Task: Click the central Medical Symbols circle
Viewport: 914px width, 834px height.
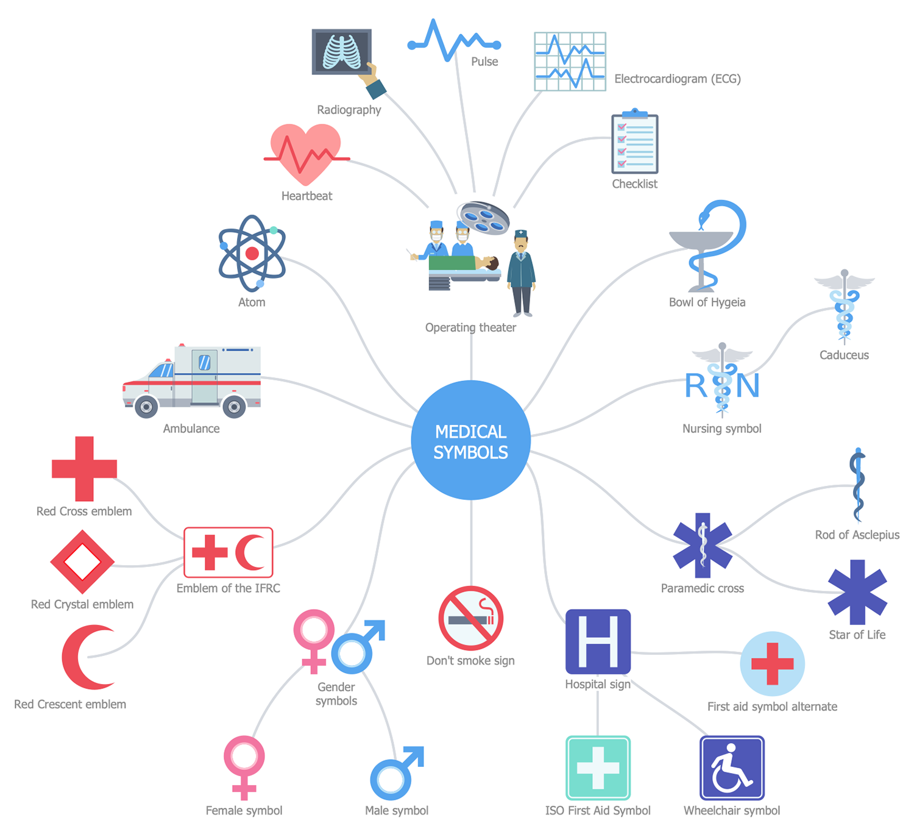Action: pos(470,440)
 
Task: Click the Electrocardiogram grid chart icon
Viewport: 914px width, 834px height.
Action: pos(570,61)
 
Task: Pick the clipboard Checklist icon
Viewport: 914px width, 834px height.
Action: pos(634,141)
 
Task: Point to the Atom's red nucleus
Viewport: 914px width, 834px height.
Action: pos(252,253)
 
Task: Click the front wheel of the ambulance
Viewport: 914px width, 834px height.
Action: pos(146,407)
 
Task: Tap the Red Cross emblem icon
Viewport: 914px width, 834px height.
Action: pos(84,468)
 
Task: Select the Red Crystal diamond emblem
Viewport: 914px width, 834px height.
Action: pos(82,561)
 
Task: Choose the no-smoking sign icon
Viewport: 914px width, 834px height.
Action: pos(470,618)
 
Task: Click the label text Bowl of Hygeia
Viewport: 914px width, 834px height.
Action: pos(707,302)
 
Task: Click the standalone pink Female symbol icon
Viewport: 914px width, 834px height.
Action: pos(244,768)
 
